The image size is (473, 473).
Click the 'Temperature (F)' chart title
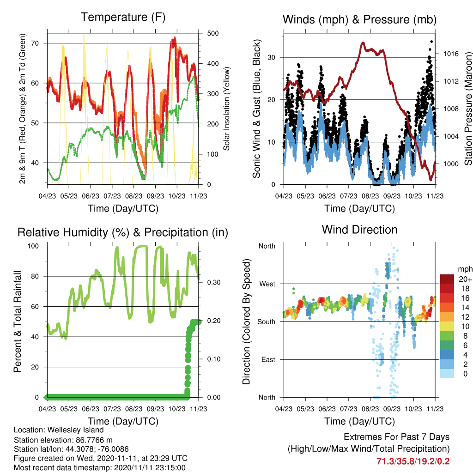(x=123, y=18)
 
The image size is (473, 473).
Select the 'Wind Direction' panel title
(x=359, y=230)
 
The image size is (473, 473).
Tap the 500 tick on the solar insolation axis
(x=212, y=33)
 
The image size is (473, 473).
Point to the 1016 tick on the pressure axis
(x=451, y=54)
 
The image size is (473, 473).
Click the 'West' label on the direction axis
(x=267, y=284)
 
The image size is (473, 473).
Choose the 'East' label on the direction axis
(x=268, y=359)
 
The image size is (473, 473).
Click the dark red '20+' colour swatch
(x=447, y=279)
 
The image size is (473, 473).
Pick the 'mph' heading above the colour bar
(x=465, y=269)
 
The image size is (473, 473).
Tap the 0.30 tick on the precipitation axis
(x=214, y=282)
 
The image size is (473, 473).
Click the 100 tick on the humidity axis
(x=33, y=246)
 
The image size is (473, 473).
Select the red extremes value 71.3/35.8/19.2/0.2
(x=413, y=461)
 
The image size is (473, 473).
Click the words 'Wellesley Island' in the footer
(x=75, y=430)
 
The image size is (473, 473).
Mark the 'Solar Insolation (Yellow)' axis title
(x=226, y=109)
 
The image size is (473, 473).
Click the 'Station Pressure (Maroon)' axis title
(x=468, y=109)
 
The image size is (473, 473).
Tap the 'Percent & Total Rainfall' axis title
(x=18, y=321)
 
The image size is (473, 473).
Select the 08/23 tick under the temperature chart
(x=133, y=196)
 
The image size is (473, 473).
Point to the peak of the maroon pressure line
(x=363, y=43)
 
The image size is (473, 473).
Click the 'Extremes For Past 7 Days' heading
(x=396, y=437)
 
